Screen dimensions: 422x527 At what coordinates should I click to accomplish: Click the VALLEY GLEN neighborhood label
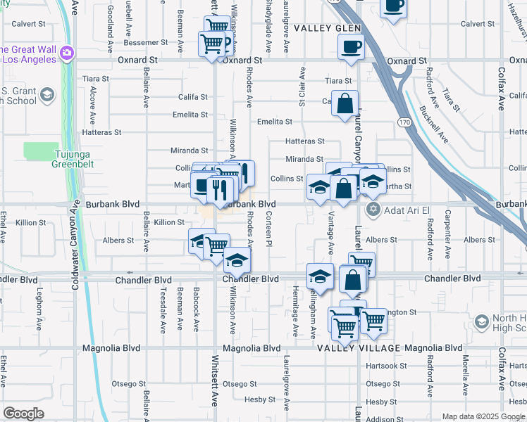328,28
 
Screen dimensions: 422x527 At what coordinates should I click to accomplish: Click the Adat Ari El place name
406,209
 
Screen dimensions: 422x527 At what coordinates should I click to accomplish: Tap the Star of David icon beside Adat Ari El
373,209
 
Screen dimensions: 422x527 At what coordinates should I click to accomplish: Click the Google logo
23,413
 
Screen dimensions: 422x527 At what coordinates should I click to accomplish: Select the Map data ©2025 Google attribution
483,416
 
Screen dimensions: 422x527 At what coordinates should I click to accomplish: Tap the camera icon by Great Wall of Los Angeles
68,52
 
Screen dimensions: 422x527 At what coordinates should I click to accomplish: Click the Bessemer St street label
145,42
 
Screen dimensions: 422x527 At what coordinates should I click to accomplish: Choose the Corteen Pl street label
269,229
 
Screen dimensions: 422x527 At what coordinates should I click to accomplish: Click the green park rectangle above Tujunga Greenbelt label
42,151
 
